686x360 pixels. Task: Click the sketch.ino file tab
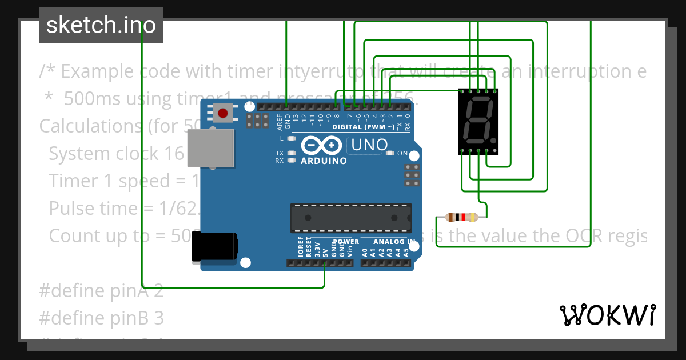point(101,25)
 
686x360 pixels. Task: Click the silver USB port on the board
point(211,148)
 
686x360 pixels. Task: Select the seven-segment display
point(478,121)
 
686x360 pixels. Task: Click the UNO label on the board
point(369,145)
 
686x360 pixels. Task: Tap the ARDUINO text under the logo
point(324,161)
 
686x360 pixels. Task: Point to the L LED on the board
point(292,139)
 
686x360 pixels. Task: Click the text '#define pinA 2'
point(101,291)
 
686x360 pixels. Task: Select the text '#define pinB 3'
point(101,318)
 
